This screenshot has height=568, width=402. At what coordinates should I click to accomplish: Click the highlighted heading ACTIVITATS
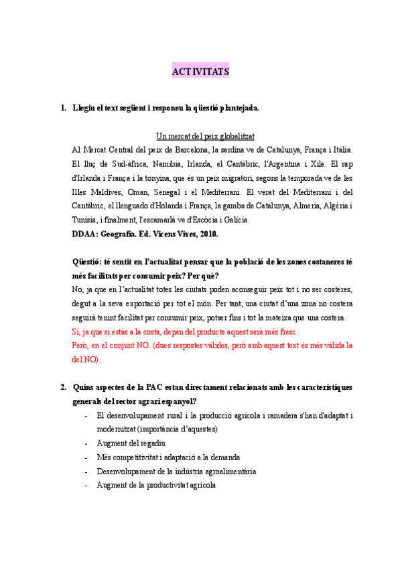coord(200,71)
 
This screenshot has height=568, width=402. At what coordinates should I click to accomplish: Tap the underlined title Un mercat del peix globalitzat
coord(204,136)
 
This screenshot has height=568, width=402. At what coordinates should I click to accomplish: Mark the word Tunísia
coord(86,220)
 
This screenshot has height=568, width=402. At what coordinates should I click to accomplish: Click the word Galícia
coord(234,220)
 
